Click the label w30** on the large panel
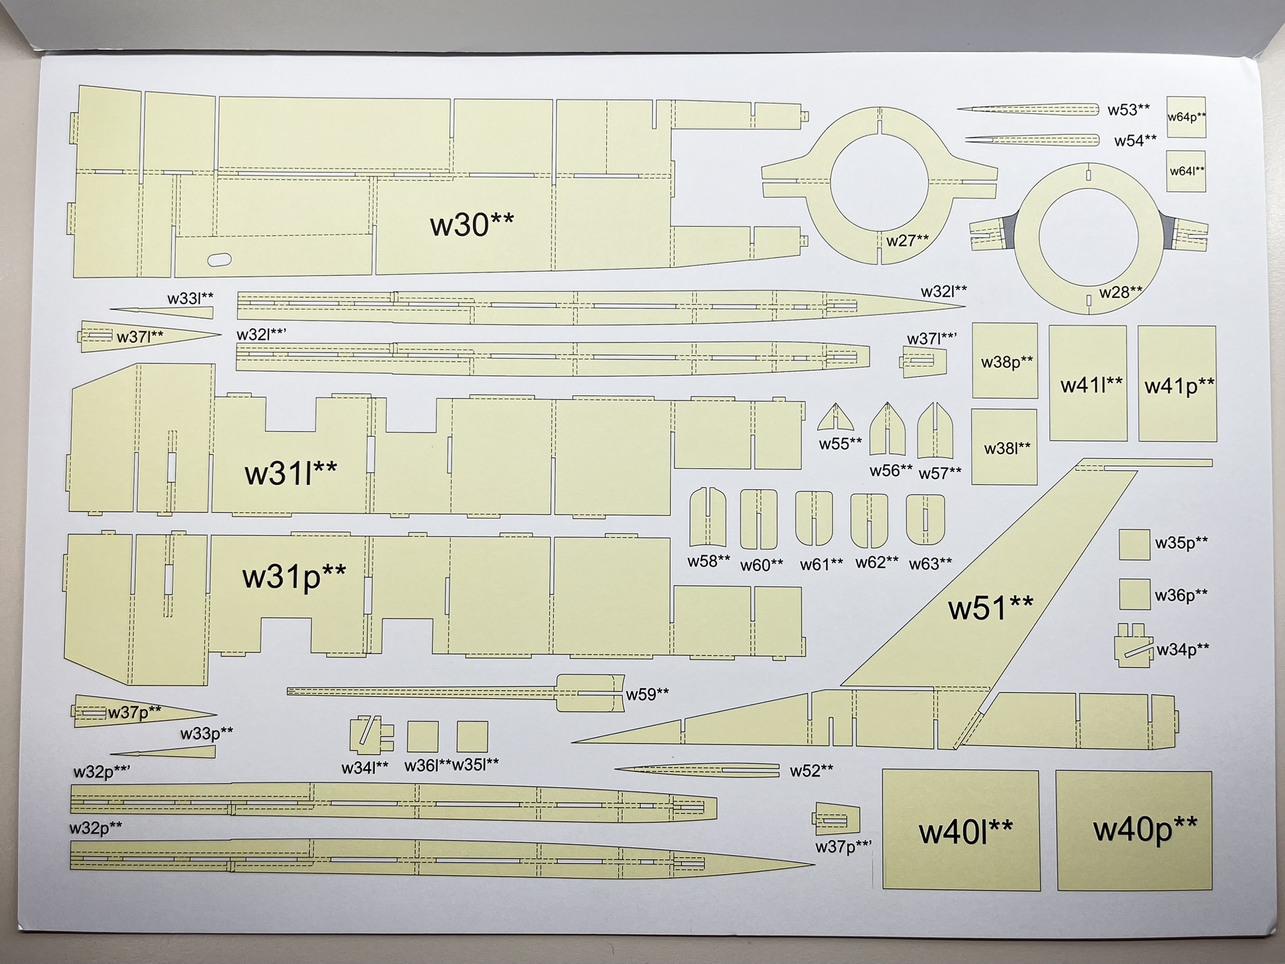pyautogui.click(x=472, y=224)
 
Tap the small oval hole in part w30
pyautogui.click(x=219, y=259)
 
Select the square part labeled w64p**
pyautogui.click(x=1186, y=117)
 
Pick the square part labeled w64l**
pyautogui.click(x=1186, y=171)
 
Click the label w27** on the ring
pyautogui.click(x=907, y=240)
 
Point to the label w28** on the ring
pyautogui.click(x=1120, y=292)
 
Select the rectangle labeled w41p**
pyautogui.click(x=1178, y=384)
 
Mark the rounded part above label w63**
pyautogui.click(x=925, y=520)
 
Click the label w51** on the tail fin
pyautogui.click(x=990, y=608)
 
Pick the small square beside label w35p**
pyautogui.click(x=1134, y=544)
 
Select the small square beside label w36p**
pyautogui.click(x=1134, y=594)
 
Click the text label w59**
pyautogui.click(x=648, y=694)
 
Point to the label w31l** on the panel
pyautogui.click(x=291, y=472)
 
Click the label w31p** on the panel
pyautogui.click(x=294, y=576)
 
